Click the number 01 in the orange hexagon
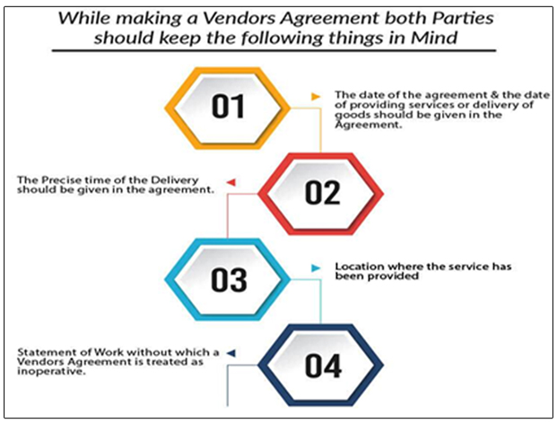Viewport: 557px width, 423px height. point(230,108)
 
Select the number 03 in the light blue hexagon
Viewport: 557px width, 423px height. point(229,281)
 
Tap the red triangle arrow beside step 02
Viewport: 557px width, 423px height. point(231,183)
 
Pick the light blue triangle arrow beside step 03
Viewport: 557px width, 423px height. point(315,268)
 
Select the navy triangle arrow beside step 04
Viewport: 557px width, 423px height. point(230,353)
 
